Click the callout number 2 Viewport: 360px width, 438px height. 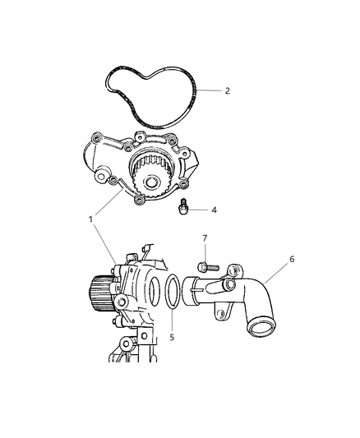227,91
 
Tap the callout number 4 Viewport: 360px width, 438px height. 213,210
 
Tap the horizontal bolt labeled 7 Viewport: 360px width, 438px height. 205,265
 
